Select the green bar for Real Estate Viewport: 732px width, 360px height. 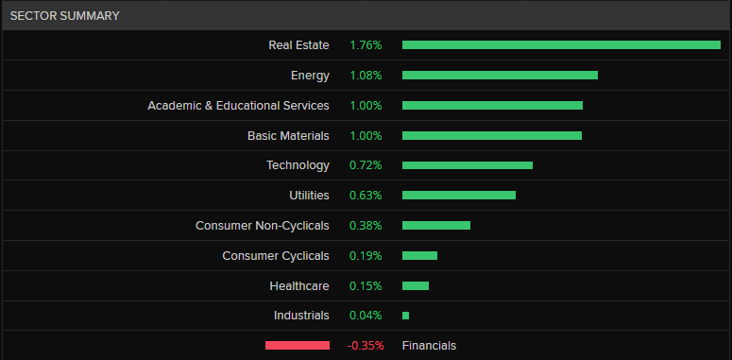pos(561,44)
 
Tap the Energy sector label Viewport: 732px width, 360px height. pos(310,75)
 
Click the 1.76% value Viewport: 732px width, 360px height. pos(366,44)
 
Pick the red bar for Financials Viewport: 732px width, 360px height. pos(298,345)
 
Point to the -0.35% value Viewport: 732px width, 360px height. pos(366,346)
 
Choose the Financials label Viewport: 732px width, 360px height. pos(429,346)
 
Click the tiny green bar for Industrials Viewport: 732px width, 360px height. pos(405,316)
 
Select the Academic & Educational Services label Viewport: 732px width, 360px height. pos(238,105)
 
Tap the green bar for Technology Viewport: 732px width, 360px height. pos(468,165)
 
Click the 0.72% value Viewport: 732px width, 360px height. pos(366,165)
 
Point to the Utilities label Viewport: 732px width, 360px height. pos(309,196)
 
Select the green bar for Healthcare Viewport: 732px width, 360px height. pos(416,285)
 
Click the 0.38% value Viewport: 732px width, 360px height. pos(366,225)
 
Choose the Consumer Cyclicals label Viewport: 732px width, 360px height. pos(276,255)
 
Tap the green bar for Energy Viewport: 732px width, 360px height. pos(500,75)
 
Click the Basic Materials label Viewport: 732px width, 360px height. pos(288,135)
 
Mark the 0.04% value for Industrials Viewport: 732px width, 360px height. pos(366,316)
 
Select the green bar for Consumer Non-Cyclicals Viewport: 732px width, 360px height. pos(436,225)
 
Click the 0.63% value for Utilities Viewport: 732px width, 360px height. pos(366,196)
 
